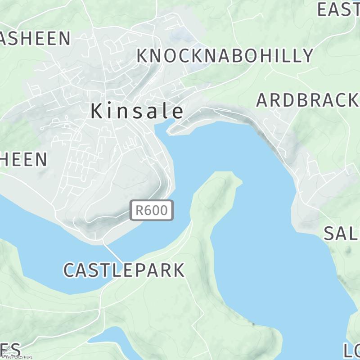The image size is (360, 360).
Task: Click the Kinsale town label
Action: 138,111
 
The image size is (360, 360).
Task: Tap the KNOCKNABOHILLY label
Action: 225,55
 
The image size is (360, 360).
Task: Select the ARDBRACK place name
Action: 307,100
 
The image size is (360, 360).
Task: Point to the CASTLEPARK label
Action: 124,270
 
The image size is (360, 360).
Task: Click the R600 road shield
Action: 152,210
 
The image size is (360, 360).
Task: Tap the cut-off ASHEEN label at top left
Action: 35,39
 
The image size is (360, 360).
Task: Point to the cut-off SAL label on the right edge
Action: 342,233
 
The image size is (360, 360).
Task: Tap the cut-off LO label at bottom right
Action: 351,350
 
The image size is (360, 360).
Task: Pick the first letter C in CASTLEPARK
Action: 70,270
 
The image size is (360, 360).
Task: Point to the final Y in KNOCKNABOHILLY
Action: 307,55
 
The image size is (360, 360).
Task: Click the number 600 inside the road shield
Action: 157,210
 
